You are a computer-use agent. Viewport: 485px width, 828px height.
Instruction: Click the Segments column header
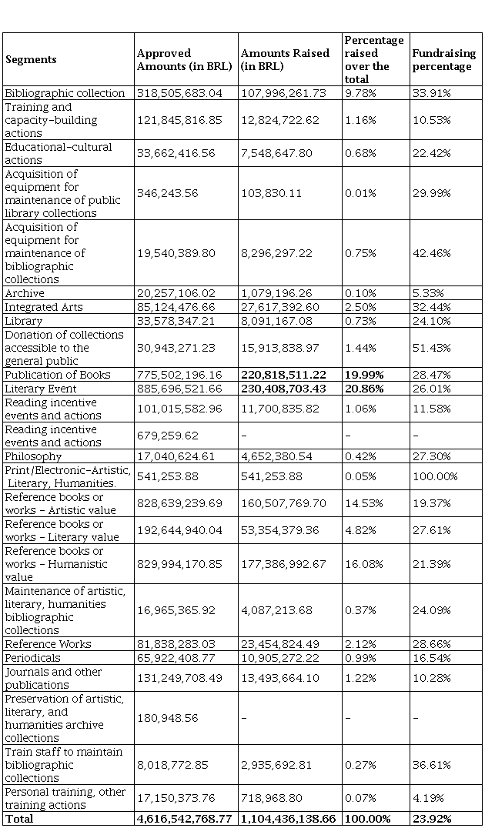pyautogui.click(x=32, y=59)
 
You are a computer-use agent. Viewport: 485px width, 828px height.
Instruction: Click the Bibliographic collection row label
pyautogui.click(x=65, y=93)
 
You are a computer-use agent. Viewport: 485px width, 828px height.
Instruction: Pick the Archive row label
pyautogui.click(x=25, y=293)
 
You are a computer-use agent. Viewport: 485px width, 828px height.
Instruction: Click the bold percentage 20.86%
pyautogui.click(x=364, y=389)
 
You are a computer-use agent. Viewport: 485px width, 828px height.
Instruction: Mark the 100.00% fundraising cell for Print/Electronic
pyautogui.click(x=435, y=476)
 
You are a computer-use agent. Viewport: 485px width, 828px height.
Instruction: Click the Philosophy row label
pyautogui.click(x=33, y=456)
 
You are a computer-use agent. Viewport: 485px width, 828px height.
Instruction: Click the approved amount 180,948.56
pyautogui.click(x=169, y=718)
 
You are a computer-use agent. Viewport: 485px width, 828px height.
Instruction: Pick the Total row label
pyautogui.click(x=19, y=819)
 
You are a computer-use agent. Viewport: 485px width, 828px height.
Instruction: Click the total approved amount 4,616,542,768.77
pyautogui.click(x=184, y=819)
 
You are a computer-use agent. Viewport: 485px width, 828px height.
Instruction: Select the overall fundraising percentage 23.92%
pyautogui.click(x=432, y=819)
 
